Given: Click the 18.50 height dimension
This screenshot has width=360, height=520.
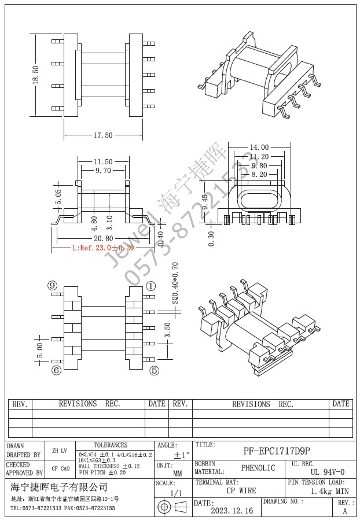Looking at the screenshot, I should click(x=36, y=75).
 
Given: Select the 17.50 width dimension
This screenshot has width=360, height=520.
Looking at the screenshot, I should click(x=102, y=135).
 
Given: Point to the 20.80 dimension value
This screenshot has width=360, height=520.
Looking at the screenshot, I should click(x=102, y=238).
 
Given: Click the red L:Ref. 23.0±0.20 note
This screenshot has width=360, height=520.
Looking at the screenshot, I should click(x=103, y=248).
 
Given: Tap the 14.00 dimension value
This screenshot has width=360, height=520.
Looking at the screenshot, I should click(x=259, y=147).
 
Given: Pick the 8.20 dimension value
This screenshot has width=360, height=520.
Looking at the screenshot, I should click(x=259, y=174).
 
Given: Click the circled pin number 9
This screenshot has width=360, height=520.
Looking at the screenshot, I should click(x=53, y=286).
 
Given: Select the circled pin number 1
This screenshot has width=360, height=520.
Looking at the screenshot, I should click(x=151, y=286).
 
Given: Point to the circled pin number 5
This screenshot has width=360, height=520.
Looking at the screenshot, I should click(x=154, y=371).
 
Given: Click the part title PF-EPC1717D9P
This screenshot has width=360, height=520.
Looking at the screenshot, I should click(x=276, y=451).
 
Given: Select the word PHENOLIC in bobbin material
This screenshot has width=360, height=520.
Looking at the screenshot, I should click(x=258, y=468).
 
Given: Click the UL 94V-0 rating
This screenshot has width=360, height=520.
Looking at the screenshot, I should click(x=327, y=472).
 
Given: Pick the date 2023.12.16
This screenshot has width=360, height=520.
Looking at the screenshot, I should click(x=232, y=511).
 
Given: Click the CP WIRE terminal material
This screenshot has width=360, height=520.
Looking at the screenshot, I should click(x=241, y=491).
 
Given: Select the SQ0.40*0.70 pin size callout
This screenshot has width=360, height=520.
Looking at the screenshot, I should click(x=175, y=283).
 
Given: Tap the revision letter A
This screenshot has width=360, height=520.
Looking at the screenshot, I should click(x=345, y=511).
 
